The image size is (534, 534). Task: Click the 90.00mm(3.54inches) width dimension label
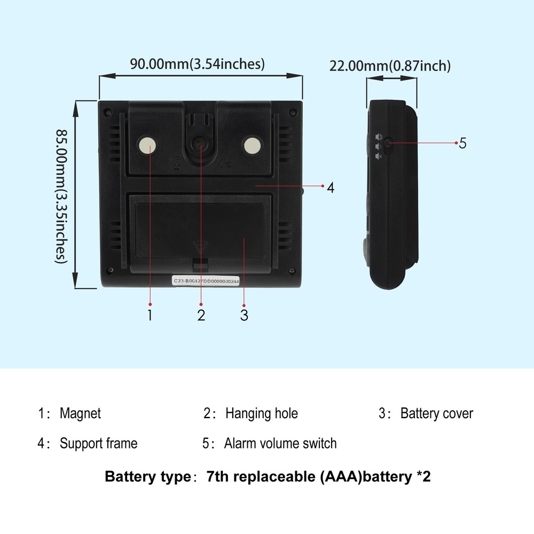[197, 64]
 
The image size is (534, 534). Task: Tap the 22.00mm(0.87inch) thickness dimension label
[390, 66]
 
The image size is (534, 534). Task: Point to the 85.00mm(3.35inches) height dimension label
[61, 196]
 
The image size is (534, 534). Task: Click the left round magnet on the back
[147, 146]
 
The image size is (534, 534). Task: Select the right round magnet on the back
[253, 146]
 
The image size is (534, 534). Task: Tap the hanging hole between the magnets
[199, 143]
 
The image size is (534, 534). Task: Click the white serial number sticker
[206, 281]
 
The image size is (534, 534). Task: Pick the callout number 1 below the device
[150, 315]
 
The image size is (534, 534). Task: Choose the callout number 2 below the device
[201, 315]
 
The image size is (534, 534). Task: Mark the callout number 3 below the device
[244, 315]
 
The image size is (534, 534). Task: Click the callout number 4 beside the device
[331, 187]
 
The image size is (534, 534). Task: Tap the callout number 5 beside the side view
[462, 143]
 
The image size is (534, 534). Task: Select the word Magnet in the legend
[81, 413]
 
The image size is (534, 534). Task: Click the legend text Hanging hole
[262, 413]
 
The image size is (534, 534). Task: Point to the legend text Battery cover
[437, 413]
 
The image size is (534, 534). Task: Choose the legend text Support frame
[98, 443]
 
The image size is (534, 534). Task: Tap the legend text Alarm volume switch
[280, 443]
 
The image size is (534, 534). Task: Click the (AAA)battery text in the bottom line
[366, 476]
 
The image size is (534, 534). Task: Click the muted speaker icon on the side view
[379, 156]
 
